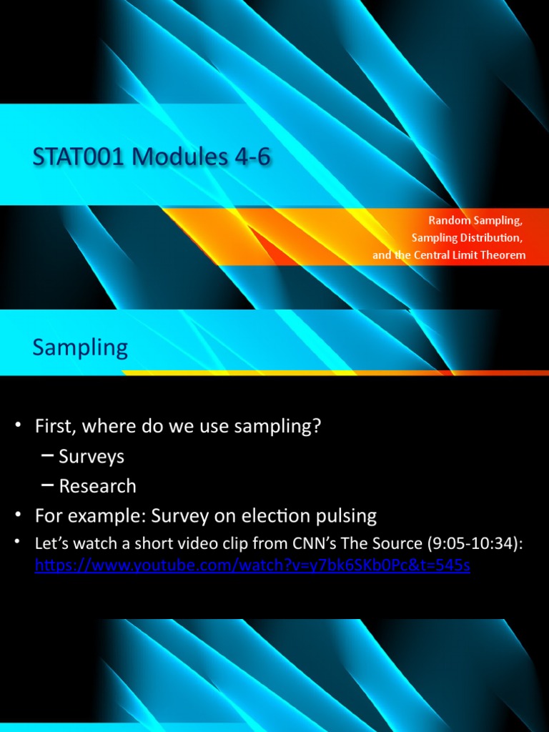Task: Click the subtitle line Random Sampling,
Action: [475, 221]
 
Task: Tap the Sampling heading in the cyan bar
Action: [80, 348]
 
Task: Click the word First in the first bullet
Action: [56, 427]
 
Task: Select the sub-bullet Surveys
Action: [91, 456]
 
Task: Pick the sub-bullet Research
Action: [97, 486]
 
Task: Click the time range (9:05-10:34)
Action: [475, 544]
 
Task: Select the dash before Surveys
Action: [48, 455]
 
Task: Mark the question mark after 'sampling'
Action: [316, 427]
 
